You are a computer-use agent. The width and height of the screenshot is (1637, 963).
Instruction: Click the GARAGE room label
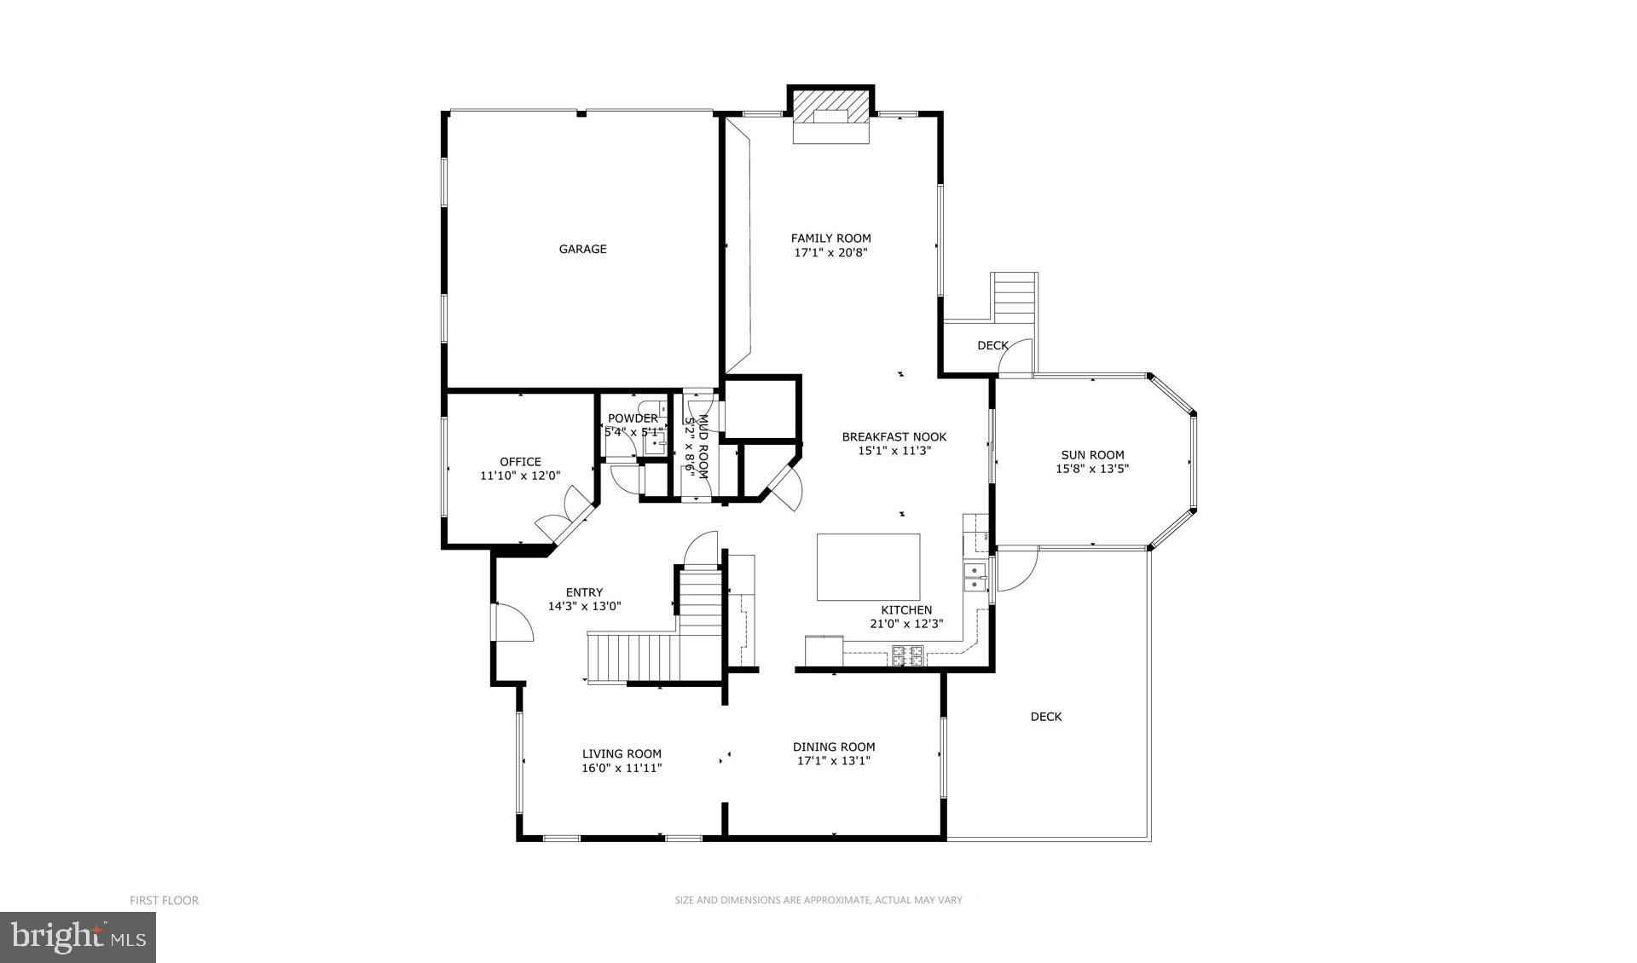(582, 249)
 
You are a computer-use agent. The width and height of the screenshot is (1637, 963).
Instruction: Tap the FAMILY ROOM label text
(830, 239)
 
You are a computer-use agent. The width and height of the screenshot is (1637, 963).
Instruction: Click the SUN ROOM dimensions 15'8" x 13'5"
(1092, 469)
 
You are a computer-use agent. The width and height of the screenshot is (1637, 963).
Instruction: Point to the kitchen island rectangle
(868, 567)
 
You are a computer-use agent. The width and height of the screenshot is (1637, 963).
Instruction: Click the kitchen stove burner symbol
(907, 655)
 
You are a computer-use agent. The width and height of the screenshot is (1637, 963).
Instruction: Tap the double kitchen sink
(974, 577)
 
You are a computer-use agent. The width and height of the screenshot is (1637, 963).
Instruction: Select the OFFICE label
(520, 462)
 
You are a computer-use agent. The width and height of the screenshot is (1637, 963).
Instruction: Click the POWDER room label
(632, 418)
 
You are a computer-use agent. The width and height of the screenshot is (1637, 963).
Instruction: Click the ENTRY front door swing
(513, 623)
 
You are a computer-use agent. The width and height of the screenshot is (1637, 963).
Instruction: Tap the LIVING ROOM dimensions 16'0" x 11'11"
(622, 768)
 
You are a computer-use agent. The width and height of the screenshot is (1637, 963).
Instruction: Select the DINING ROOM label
(834, 747)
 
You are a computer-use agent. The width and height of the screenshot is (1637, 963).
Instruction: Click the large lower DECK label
(1045, 717)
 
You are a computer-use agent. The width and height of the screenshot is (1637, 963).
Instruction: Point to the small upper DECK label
(992, 345)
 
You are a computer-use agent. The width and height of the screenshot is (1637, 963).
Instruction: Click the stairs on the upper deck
(1014, 296)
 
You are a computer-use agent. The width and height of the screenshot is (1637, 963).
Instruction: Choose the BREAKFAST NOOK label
(894, 437)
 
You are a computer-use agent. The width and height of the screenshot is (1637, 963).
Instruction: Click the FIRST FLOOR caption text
(164, 900)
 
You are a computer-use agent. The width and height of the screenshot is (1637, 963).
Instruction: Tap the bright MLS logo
(78, 937)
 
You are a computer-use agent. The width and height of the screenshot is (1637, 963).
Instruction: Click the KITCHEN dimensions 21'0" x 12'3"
(905, 624)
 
